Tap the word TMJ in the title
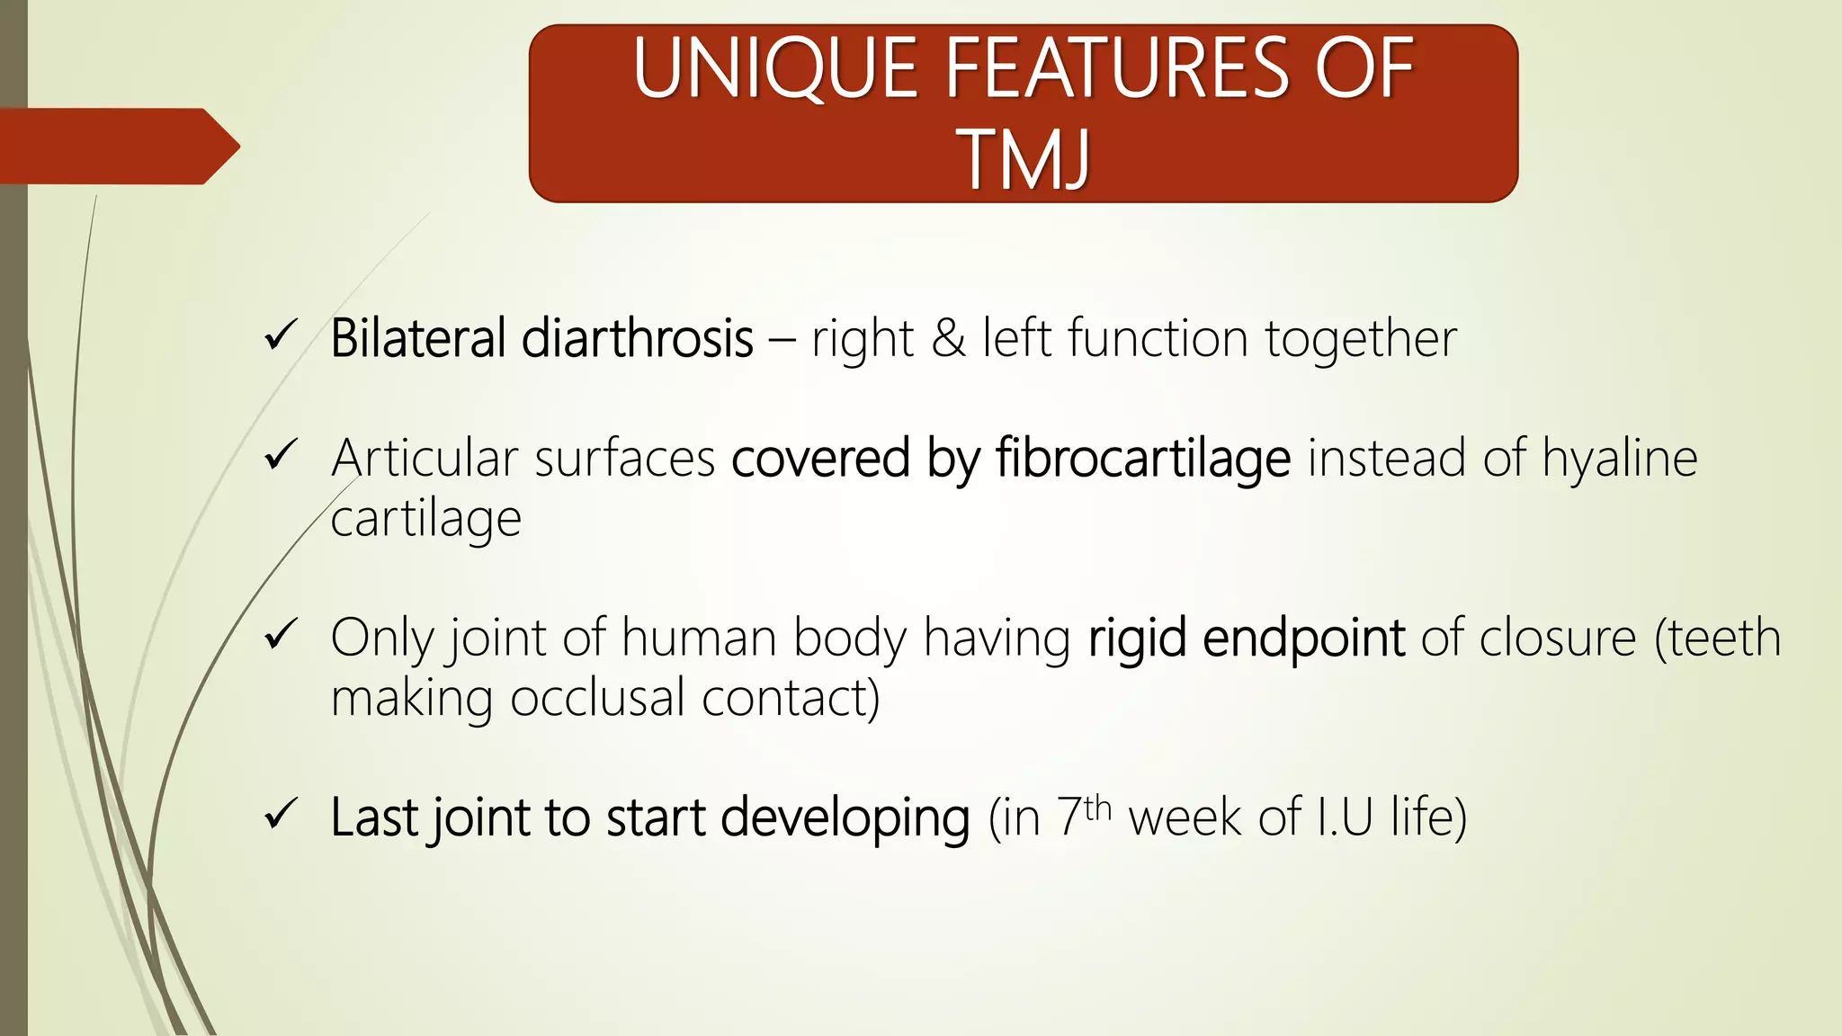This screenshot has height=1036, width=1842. tap(1026, 159)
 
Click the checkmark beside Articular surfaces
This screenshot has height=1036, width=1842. tap(281, 456)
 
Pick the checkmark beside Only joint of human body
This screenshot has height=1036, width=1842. tap(281, 636)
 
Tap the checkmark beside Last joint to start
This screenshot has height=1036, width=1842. tap(281, 816)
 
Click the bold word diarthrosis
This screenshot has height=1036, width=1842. tap(637, 339)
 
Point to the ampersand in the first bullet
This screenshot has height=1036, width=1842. tap(948, 339)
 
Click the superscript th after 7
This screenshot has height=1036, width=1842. tap(1098, 808)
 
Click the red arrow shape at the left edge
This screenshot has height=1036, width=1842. tap(117, 146)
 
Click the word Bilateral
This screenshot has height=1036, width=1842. tap(418, 339)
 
